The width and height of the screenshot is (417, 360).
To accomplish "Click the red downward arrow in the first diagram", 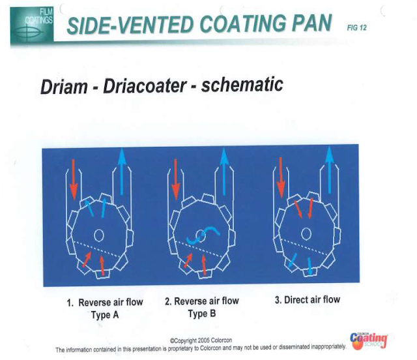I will (74, 177).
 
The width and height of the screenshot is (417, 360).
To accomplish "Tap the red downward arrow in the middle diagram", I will (177, 177).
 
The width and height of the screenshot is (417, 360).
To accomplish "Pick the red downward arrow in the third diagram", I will (281, 176).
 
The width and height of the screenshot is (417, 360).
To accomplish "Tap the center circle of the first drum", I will (99, 233).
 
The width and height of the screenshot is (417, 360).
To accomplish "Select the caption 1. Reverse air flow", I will (104, 303).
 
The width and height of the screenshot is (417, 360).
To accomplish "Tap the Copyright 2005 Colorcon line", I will (201, 340).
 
